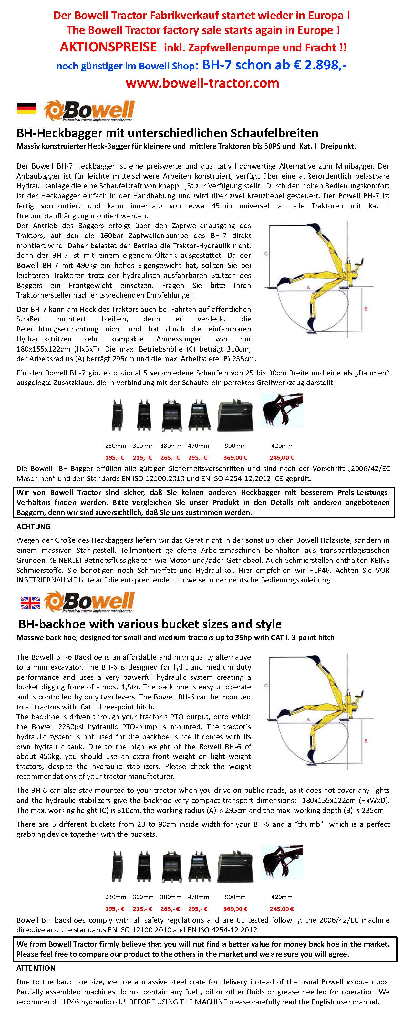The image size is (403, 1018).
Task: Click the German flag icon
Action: [x=26, y=108]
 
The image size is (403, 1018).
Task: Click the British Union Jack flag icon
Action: [x=30, y=602]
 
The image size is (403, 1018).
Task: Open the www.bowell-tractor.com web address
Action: [x=202, y=83]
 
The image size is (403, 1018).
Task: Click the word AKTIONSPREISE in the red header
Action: [x=108, y=47]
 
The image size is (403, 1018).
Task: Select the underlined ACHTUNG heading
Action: [x=33, y=526]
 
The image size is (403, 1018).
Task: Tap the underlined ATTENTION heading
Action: [x=36, y=968]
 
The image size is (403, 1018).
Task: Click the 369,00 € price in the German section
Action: [x=235, y=457]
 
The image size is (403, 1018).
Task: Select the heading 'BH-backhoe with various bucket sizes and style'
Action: [x=150, y=624]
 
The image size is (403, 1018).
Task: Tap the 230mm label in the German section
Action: [x=115, y=446]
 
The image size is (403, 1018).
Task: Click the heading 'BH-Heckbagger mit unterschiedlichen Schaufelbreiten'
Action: [x=167, y=133]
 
